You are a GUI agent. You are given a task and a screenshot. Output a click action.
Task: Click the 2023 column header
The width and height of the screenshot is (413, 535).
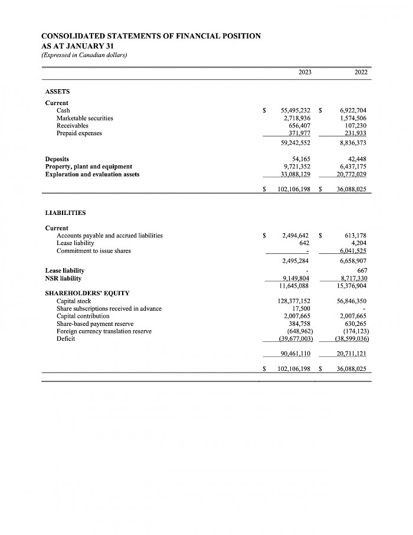click(305, 72)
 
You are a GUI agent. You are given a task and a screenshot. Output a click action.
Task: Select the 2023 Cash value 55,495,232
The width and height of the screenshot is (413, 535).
click(296, 110)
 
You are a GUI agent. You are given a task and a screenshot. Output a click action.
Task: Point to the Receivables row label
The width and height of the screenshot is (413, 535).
click(72, 126)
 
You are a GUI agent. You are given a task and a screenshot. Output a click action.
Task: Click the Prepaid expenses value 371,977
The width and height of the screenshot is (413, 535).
click(297, 133)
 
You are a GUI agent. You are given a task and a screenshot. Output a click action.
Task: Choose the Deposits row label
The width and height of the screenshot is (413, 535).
click(57, 159)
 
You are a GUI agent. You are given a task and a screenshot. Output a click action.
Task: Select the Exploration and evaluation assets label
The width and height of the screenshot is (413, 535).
click(92, 174)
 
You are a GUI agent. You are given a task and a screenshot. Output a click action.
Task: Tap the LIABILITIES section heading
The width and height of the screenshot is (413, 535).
click(65, 213)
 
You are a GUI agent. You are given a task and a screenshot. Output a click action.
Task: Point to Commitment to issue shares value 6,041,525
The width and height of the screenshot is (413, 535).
click(353, 250)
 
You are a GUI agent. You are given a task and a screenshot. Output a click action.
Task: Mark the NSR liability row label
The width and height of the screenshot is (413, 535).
click(64, 278)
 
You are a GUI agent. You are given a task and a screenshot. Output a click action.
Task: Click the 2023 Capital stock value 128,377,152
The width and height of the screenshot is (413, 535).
click(294, 301)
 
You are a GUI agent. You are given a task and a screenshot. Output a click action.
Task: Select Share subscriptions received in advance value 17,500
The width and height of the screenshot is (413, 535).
click(301, 308)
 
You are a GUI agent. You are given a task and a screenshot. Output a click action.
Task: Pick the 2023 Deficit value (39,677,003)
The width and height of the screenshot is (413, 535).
click(295, 339)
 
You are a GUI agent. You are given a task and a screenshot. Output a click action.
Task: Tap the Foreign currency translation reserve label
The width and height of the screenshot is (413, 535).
click(104, 331)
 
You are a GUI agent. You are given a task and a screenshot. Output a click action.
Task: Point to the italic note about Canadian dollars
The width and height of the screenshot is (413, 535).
click(84, 55)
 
